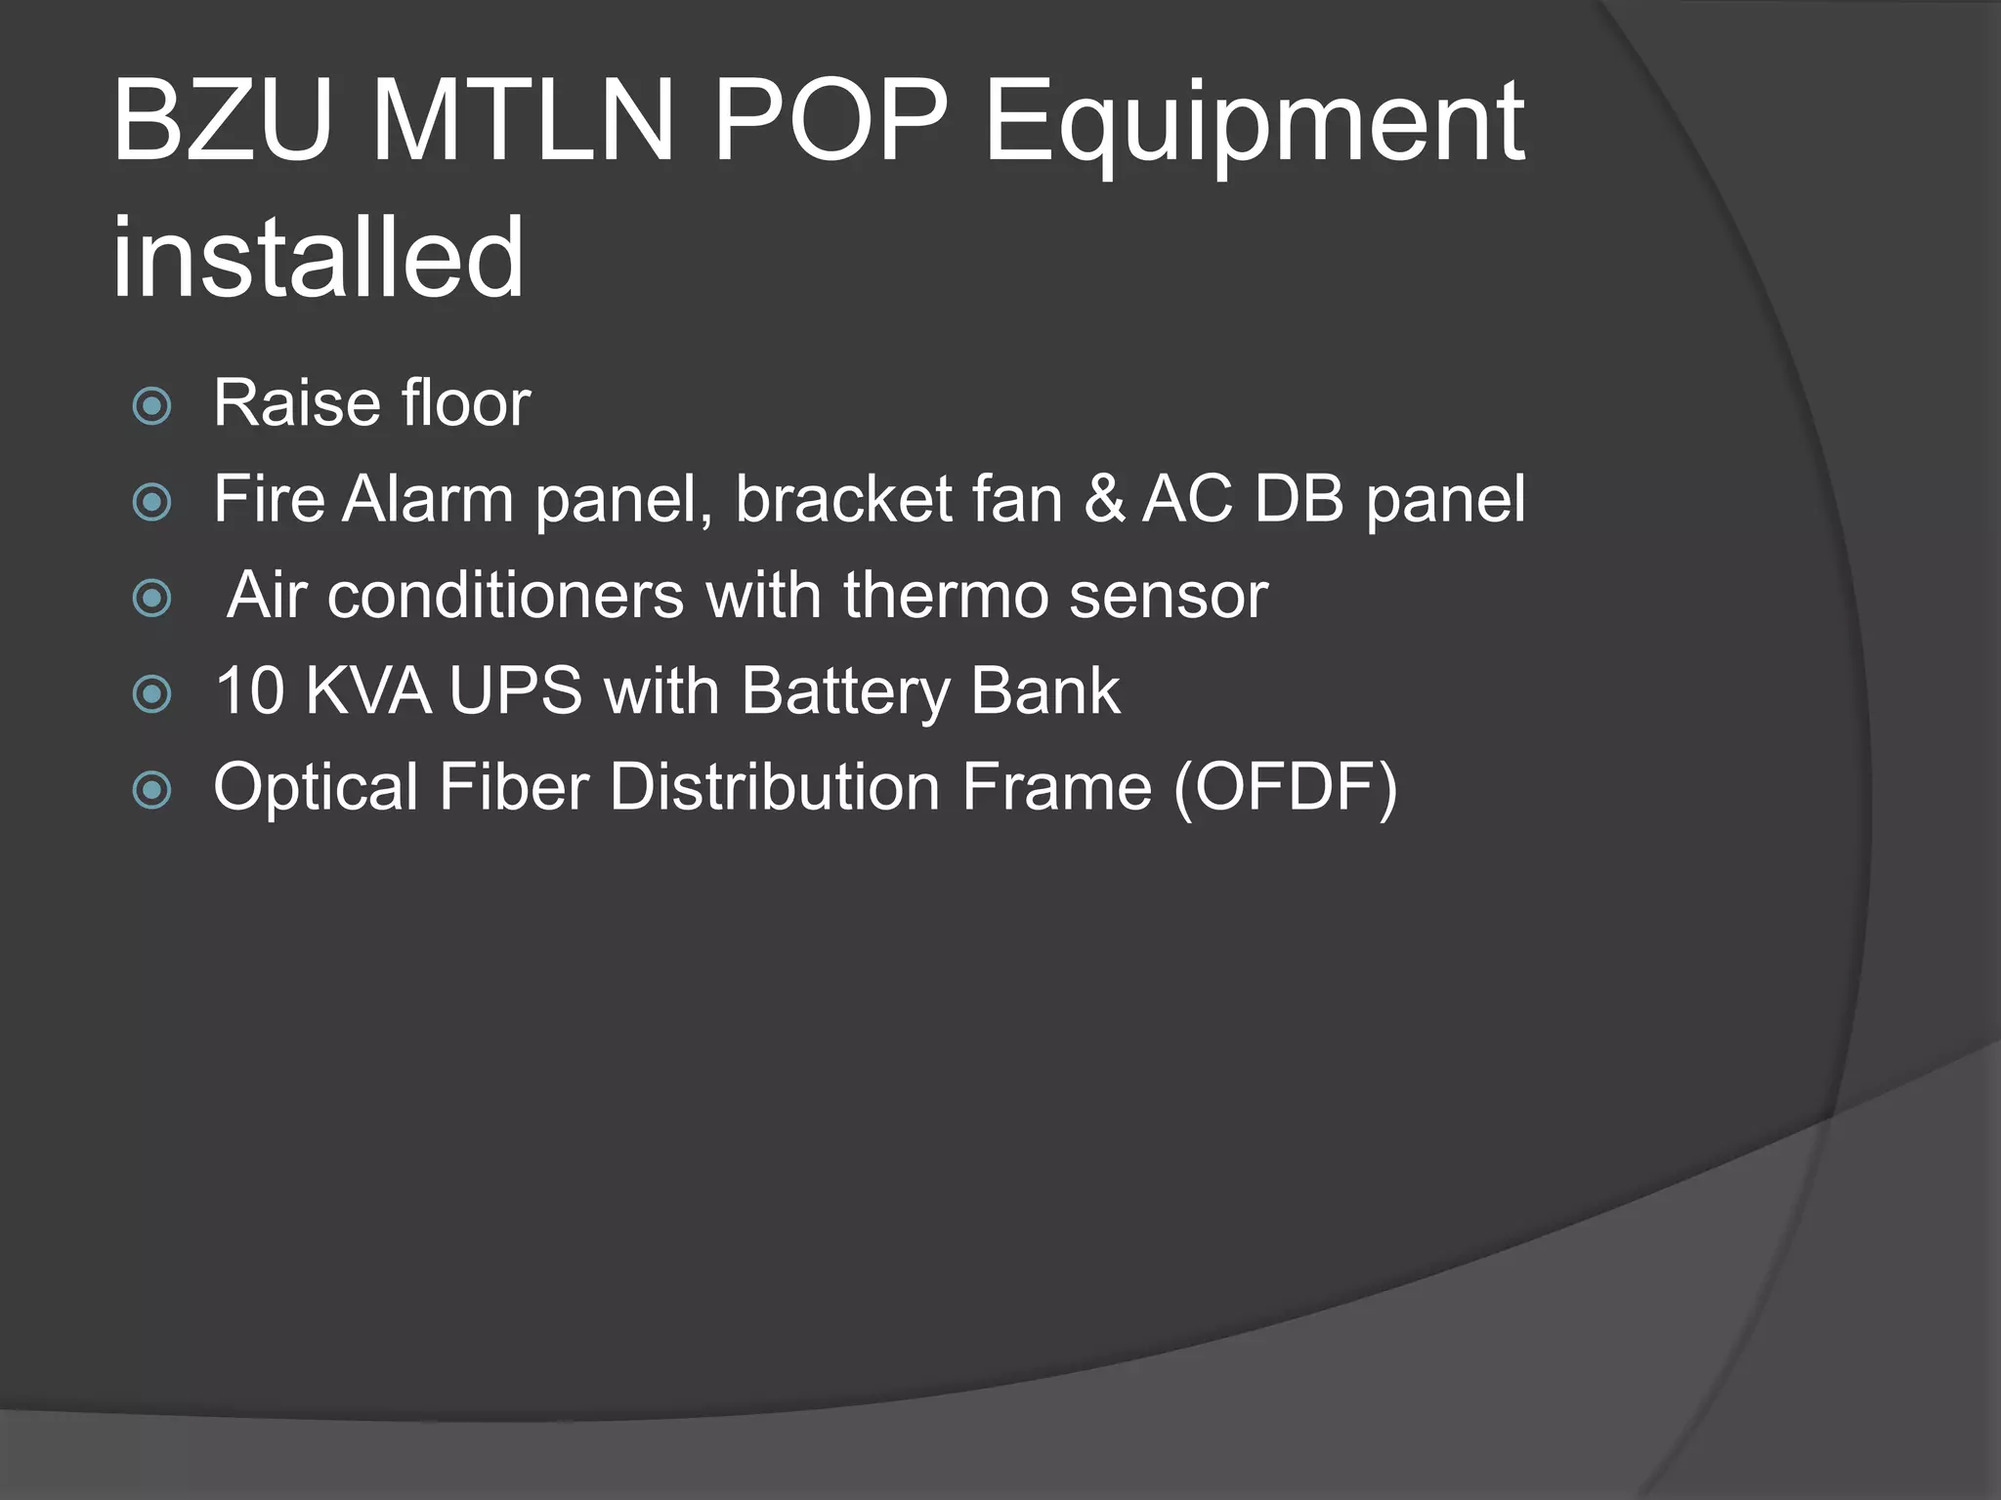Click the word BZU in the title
click(x=221, y=121)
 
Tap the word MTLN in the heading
click(x=523, y=121)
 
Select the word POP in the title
click(x=830, y=121)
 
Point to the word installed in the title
click(x=319, y=258)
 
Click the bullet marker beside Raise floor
click(x=152, y=405)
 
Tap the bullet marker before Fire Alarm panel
click(x=152, y=502)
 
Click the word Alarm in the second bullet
click(x=427, y=499)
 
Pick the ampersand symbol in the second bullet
click(x=1104, y=499)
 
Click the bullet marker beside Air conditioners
click(x=152, y=598)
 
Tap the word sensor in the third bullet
click(x=1168, y=597)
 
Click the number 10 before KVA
click(x=249, y=691)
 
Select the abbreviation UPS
click(x=515, y=691)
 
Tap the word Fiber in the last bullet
click(x=513, y=787)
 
